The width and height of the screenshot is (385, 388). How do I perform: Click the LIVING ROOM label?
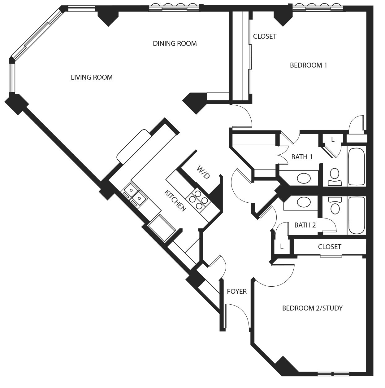(92, 77)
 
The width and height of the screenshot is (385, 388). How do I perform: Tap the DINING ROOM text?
(175, 43)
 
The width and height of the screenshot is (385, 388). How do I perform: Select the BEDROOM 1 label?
(308, 65)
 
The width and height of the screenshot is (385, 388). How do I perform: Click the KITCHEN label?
(175, 201)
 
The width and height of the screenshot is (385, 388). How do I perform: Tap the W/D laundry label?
(203, 172)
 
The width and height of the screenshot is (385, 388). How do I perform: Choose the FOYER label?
(237, 291)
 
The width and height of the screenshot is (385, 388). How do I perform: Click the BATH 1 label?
(302, 157)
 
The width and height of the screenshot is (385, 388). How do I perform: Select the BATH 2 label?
(305, 225)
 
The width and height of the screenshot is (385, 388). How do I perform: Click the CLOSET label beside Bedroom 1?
(265, 37)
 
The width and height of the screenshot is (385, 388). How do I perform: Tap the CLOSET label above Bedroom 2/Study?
(330, 247)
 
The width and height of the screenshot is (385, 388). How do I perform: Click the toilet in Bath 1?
(335, 177)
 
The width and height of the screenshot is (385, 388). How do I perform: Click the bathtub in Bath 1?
(356, 167)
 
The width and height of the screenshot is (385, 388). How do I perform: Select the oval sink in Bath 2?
(304, 202)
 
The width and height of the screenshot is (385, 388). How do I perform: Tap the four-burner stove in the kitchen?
(198, 200)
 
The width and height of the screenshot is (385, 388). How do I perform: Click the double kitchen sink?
(135, 194)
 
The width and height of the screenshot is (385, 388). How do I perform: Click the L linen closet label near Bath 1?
(333, 139)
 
